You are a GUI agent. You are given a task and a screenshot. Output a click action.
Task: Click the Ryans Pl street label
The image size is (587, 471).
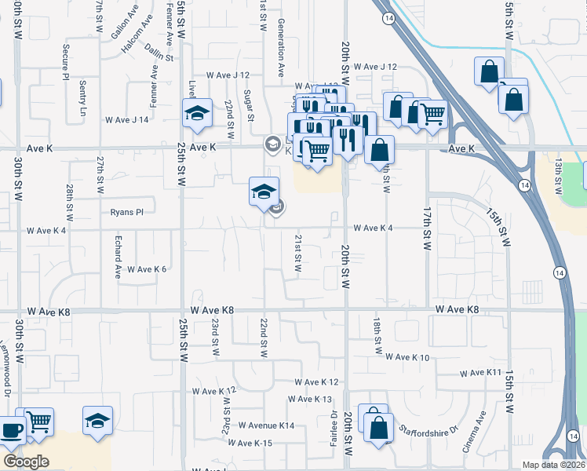[x=127, y=212]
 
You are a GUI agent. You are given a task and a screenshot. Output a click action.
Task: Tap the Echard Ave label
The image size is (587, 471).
[x=118, y=257]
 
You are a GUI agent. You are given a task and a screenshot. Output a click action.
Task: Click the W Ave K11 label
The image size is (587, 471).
[x=480, y=372]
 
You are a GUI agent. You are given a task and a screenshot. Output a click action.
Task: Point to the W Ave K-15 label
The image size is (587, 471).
[x=250, y=444]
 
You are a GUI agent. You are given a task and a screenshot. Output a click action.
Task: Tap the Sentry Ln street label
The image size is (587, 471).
[x=82, y=99]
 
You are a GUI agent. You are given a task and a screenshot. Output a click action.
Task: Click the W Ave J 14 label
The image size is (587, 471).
[x=127, y=119]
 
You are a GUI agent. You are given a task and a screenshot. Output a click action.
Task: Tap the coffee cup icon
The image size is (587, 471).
[x=11, y=429]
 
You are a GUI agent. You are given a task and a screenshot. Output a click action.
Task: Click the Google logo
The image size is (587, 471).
[x=26, y=461]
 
